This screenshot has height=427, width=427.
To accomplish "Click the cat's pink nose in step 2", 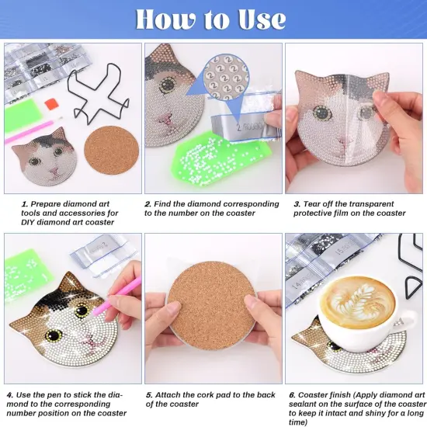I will tap(165, 120).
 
